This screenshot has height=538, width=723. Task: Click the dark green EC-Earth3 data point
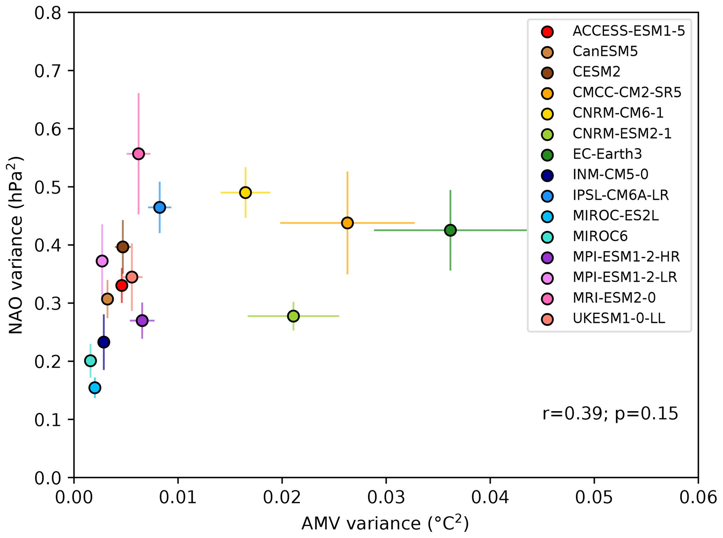450,230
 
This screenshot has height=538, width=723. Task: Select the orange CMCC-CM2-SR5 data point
347,223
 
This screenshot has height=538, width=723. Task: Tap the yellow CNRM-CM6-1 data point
246,192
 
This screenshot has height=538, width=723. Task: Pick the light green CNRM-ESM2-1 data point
293,316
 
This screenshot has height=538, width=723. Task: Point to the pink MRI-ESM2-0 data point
139,154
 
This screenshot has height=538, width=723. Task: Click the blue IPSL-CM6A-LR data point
160,207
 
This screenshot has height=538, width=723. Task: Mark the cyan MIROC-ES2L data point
95,388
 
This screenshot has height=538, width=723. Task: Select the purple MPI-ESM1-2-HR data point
142,321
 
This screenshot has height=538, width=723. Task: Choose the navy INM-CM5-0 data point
104,342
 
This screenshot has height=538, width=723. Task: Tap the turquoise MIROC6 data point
90,360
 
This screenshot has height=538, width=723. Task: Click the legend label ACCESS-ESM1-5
629,31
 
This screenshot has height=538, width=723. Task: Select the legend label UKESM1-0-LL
619,318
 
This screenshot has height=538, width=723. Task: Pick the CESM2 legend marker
547,72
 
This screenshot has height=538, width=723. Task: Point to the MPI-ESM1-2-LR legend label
625,277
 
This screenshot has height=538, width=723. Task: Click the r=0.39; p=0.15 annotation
610,414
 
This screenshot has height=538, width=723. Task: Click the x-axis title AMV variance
385,523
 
